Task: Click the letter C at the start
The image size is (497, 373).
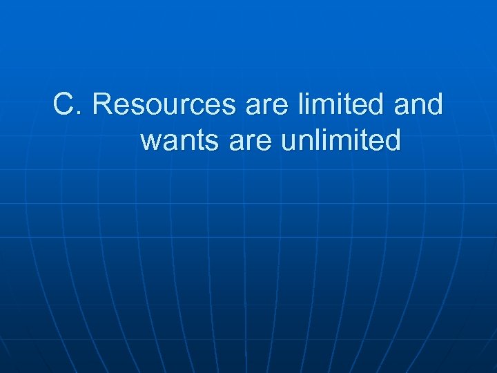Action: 64,105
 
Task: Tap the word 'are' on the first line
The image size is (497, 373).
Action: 262,106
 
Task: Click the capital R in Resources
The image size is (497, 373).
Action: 102,105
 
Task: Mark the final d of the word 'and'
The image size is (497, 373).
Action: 433,104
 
